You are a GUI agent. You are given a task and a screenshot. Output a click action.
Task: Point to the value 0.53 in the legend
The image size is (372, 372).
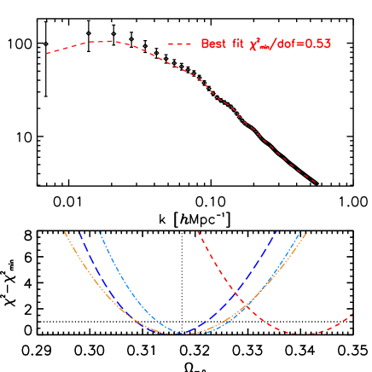point(317,44)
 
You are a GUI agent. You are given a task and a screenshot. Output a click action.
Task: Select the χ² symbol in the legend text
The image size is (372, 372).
point(256,44)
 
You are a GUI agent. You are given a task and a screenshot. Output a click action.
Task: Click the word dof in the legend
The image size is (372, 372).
point(288,44)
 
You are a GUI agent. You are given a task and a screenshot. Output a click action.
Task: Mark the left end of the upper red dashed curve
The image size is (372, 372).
point(46,54)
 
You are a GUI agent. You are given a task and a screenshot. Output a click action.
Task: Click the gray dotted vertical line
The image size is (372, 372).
point(182,282)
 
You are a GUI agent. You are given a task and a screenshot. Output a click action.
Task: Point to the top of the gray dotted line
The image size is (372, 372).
point(182,232)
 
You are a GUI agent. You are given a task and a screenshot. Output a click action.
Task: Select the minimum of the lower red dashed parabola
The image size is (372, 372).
point(304,334)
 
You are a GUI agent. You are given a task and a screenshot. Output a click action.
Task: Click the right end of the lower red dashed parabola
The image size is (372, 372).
point(352,314)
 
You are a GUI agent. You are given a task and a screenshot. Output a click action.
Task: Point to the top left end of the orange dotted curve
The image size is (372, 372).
point(65,231)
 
